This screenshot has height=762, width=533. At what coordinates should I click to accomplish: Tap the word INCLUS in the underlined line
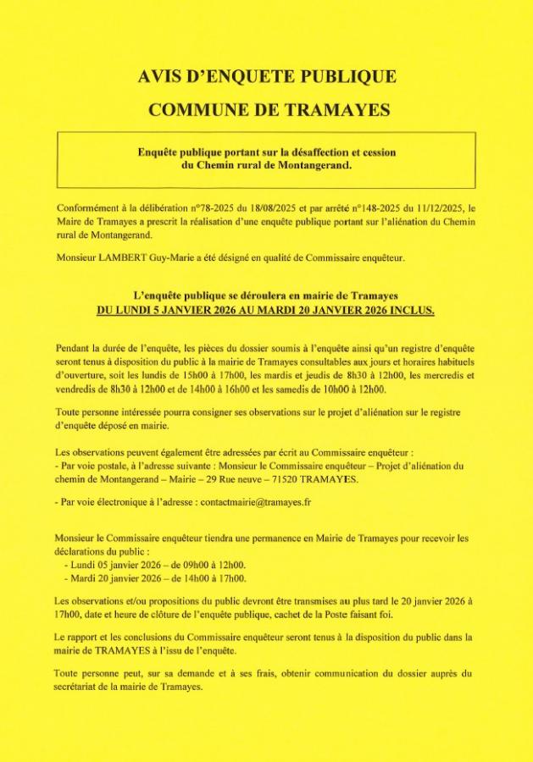[x=409, y=310]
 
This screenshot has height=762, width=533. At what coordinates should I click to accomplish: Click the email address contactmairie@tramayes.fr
[x=256, y=501]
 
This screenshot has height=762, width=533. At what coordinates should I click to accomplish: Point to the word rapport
[x=85, y=636]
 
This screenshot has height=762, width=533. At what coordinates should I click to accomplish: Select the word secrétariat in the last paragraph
[x=83, y=687]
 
